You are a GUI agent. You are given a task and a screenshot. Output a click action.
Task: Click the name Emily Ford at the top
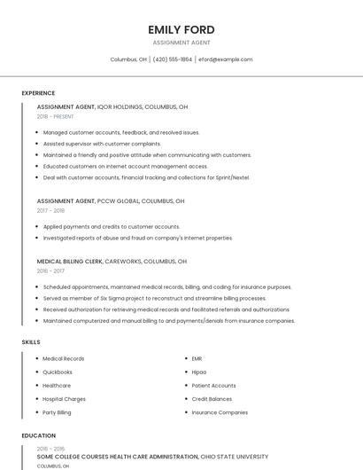pos(181,29)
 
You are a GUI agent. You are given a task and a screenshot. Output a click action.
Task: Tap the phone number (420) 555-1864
pos(172,59)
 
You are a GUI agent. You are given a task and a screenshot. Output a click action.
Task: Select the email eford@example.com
pos(225,59)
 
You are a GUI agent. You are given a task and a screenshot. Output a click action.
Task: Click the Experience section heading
pos(38,93)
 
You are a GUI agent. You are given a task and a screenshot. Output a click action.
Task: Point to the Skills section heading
pos(31,341)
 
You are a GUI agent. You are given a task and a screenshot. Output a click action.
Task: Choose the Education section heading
pos(38,435)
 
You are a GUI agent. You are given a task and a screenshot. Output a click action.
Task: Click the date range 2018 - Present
pos(55,116)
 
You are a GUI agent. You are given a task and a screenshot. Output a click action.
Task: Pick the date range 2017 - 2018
pos(50,211)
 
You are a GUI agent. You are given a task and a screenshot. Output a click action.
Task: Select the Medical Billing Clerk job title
pos(70,262)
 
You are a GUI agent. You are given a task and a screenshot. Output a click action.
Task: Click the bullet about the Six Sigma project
pos(154,299)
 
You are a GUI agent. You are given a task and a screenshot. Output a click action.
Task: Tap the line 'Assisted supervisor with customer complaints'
pos(102,144)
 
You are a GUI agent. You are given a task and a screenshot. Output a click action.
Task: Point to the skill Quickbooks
pos(58,372)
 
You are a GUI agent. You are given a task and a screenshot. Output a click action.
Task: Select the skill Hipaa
pos(199,372)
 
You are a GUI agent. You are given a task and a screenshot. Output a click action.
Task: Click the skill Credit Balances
pos(212,399)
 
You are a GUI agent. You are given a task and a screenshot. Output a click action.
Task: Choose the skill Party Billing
pos(57,412)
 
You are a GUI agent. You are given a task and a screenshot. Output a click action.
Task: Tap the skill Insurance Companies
pos(220,412)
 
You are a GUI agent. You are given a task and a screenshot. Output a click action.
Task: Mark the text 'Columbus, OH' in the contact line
pos(128,59)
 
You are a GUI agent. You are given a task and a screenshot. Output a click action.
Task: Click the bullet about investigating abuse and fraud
pos(137,238)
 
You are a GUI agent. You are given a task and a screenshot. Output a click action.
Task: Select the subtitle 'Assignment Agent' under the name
pos(181,43)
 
